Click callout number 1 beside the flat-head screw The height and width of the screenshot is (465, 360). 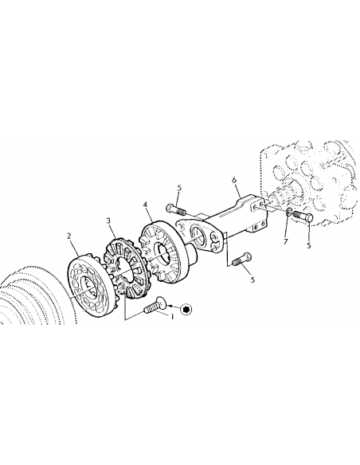click(x=172, y=317)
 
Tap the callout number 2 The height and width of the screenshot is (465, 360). click(x=69, y=236)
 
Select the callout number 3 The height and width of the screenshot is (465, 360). click(x=108, y=221)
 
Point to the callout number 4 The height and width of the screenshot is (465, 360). click(x=145, y=205)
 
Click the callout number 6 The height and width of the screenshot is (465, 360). click(x=234, y=180)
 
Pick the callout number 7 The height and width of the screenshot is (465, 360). click(x=286, y=242)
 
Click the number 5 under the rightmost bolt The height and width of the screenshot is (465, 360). click(x=309, y=245)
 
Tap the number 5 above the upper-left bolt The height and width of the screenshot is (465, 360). click(x=179, y=188)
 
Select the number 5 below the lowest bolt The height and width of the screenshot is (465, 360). click(x=252, y=279)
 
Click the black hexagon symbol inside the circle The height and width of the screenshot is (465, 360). click(x=186, y=309)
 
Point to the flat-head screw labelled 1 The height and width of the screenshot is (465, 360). click(x=155, y=305)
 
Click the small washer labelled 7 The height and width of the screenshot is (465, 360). click(x=288, y=213)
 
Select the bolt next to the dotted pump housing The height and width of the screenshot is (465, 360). click(x=303, y=217)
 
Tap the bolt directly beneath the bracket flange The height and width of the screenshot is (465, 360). click(x=241, y=259)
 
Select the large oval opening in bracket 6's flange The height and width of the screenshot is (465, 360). click(x=198, y=236)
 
